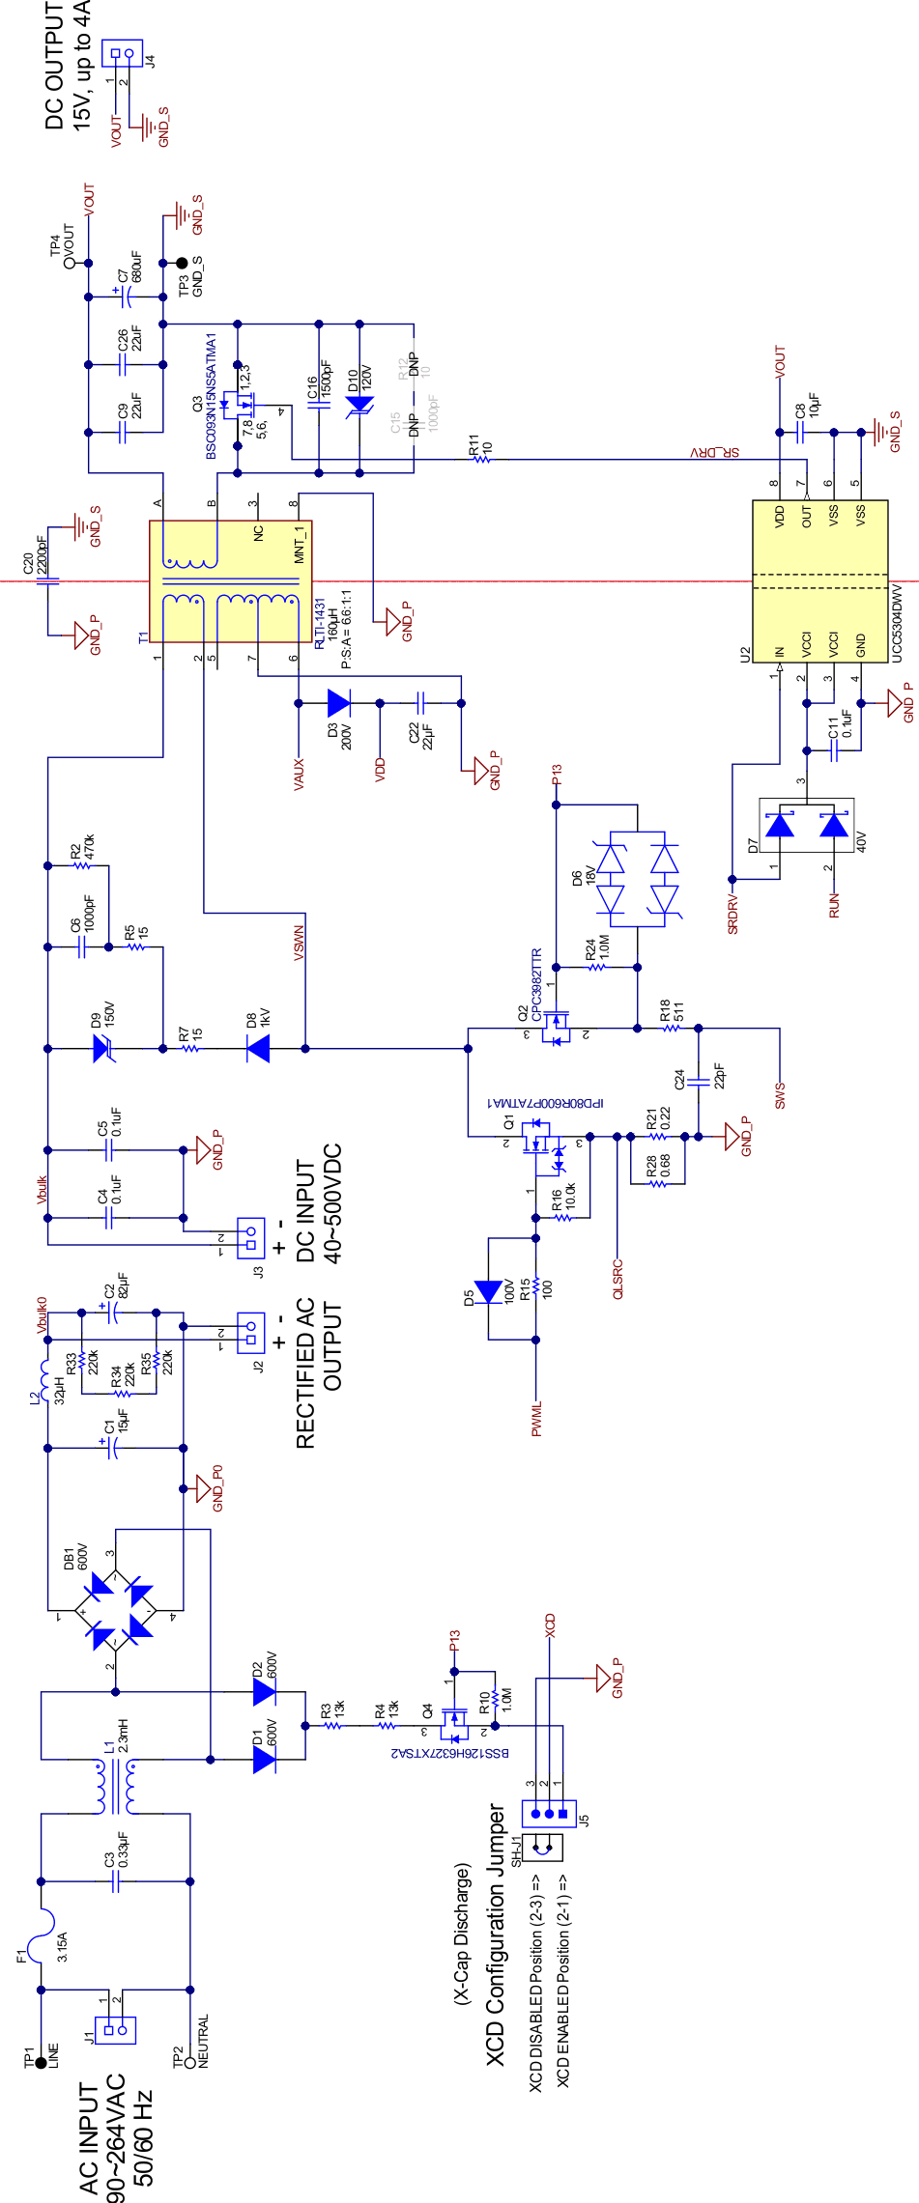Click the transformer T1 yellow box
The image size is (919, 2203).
pos(230,581)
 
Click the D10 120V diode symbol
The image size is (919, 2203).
pos(359,405)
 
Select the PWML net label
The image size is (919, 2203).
pos(537,1419)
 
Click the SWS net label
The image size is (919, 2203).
pos(780,1094)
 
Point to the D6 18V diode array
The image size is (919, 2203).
pos(638,879)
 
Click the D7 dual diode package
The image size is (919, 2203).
pos(806,825)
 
